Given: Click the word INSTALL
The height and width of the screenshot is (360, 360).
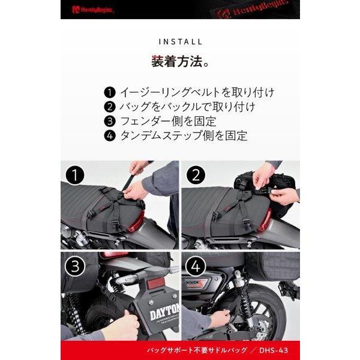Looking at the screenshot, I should click(x=180, y=42).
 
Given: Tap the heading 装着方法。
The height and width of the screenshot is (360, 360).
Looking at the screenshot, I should click(x=179, y=62).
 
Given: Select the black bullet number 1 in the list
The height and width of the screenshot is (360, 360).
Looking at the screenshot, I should click(x=109, y=93).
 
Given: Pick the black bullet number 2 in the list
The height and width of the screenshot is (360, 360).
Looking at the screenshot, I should click(x=109, y=107).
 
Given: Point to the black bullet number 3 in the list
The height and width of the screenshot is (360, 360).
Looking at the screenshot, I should click(x=109, y=121).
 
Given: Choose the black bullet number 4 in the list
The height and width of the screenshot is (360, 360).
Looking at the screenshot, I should click(x=109, y=136).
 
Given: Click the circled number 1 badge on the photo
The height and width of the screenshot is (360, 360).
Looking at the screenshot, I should click(x=76, y=176).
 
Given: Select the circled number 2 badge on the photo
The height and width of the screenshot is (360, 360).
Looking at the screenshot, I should click(x=196, y=176).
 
